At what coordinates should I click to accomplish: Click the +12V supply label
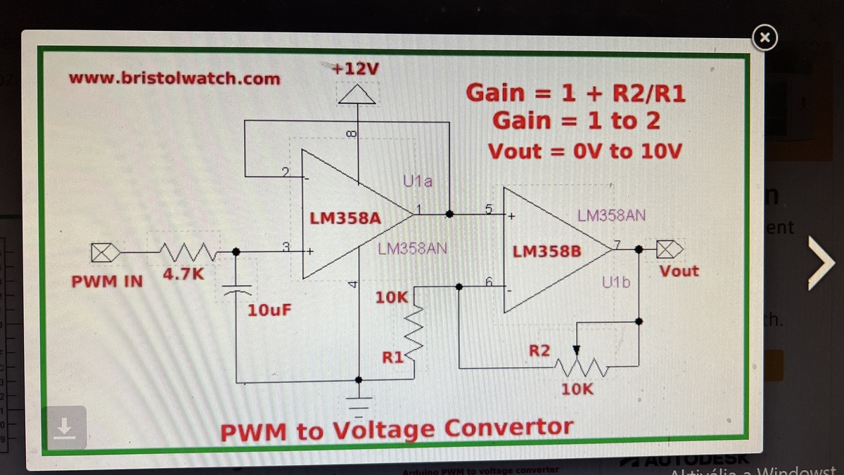click(x=356, y=70)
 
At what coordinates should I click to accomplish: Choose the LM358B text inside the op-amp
click(x=546, y=251)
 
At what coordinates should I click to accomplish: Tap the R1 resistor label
click(x=391, y=357)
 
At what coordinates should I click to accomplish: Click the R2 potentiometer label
click(x=539, y=350)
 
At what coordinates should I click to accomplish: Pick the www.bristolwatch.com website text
click(x=174, y=78)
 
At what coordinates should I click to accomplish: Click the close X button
click(x=766, y=38)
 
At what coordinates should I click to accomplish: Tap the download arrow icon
click(x=64, y=427)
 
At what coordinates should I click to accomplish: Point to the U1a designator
click(x=418, y=182)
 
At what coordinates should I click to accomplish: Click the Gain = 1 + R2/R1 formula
click(x=575, y=93)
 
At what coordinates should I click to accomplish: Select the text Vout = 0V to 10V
click(x=584, y=151)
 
